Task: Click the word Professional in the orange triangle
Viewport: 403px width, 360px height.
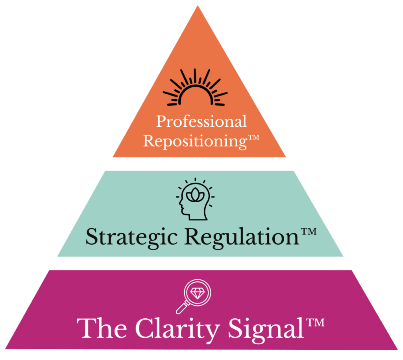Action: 201,122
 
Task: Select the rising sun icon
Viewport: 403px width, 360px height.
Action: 195,89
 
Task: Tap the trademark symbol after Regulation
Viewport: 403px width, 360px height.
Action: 308,231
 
